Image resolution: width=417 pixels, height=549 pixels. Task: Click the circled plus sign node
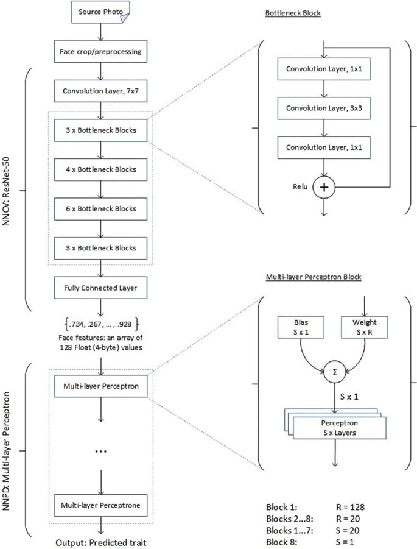[324, 188]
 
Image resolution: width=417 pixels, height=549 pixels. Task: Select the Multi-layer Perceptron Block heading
[314, 277]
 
